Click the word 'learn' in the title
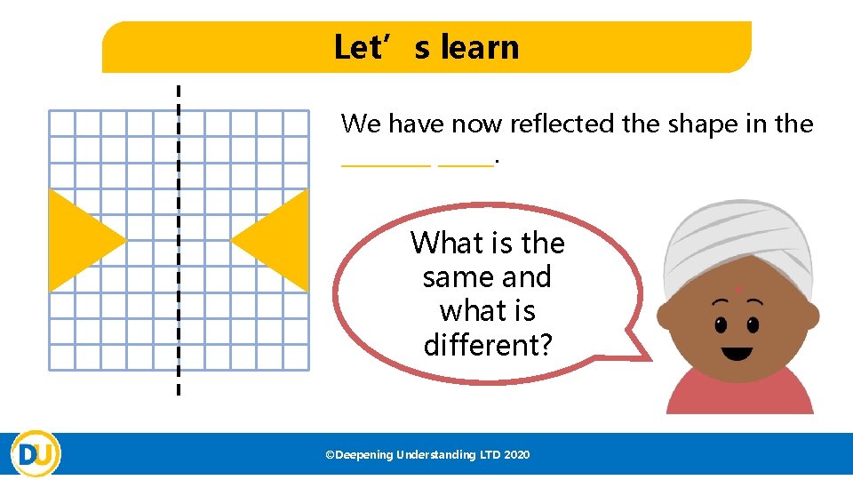click(480, 47)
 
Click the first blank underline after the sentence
click(387, 162)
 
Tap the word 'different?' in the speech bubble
click(488, 345)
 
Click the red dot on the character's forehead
click(737, 290)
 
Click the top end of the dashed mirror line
click(179, 90)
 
